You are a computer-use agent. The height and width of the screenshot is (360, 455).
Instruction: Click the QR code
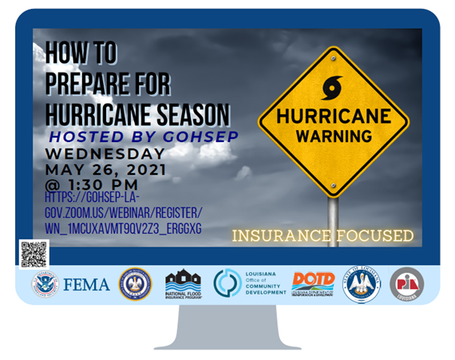coord(33,254)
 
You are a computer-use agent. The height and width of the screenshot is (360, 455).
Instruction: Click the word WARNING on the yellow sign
coord(333,136)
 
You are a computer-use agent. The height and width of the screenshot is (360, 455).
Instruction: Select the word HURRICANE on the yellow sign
coord(333,116)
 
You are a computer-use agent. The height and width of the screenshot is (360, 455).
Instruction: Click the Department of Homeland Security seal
coord(45,284)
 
